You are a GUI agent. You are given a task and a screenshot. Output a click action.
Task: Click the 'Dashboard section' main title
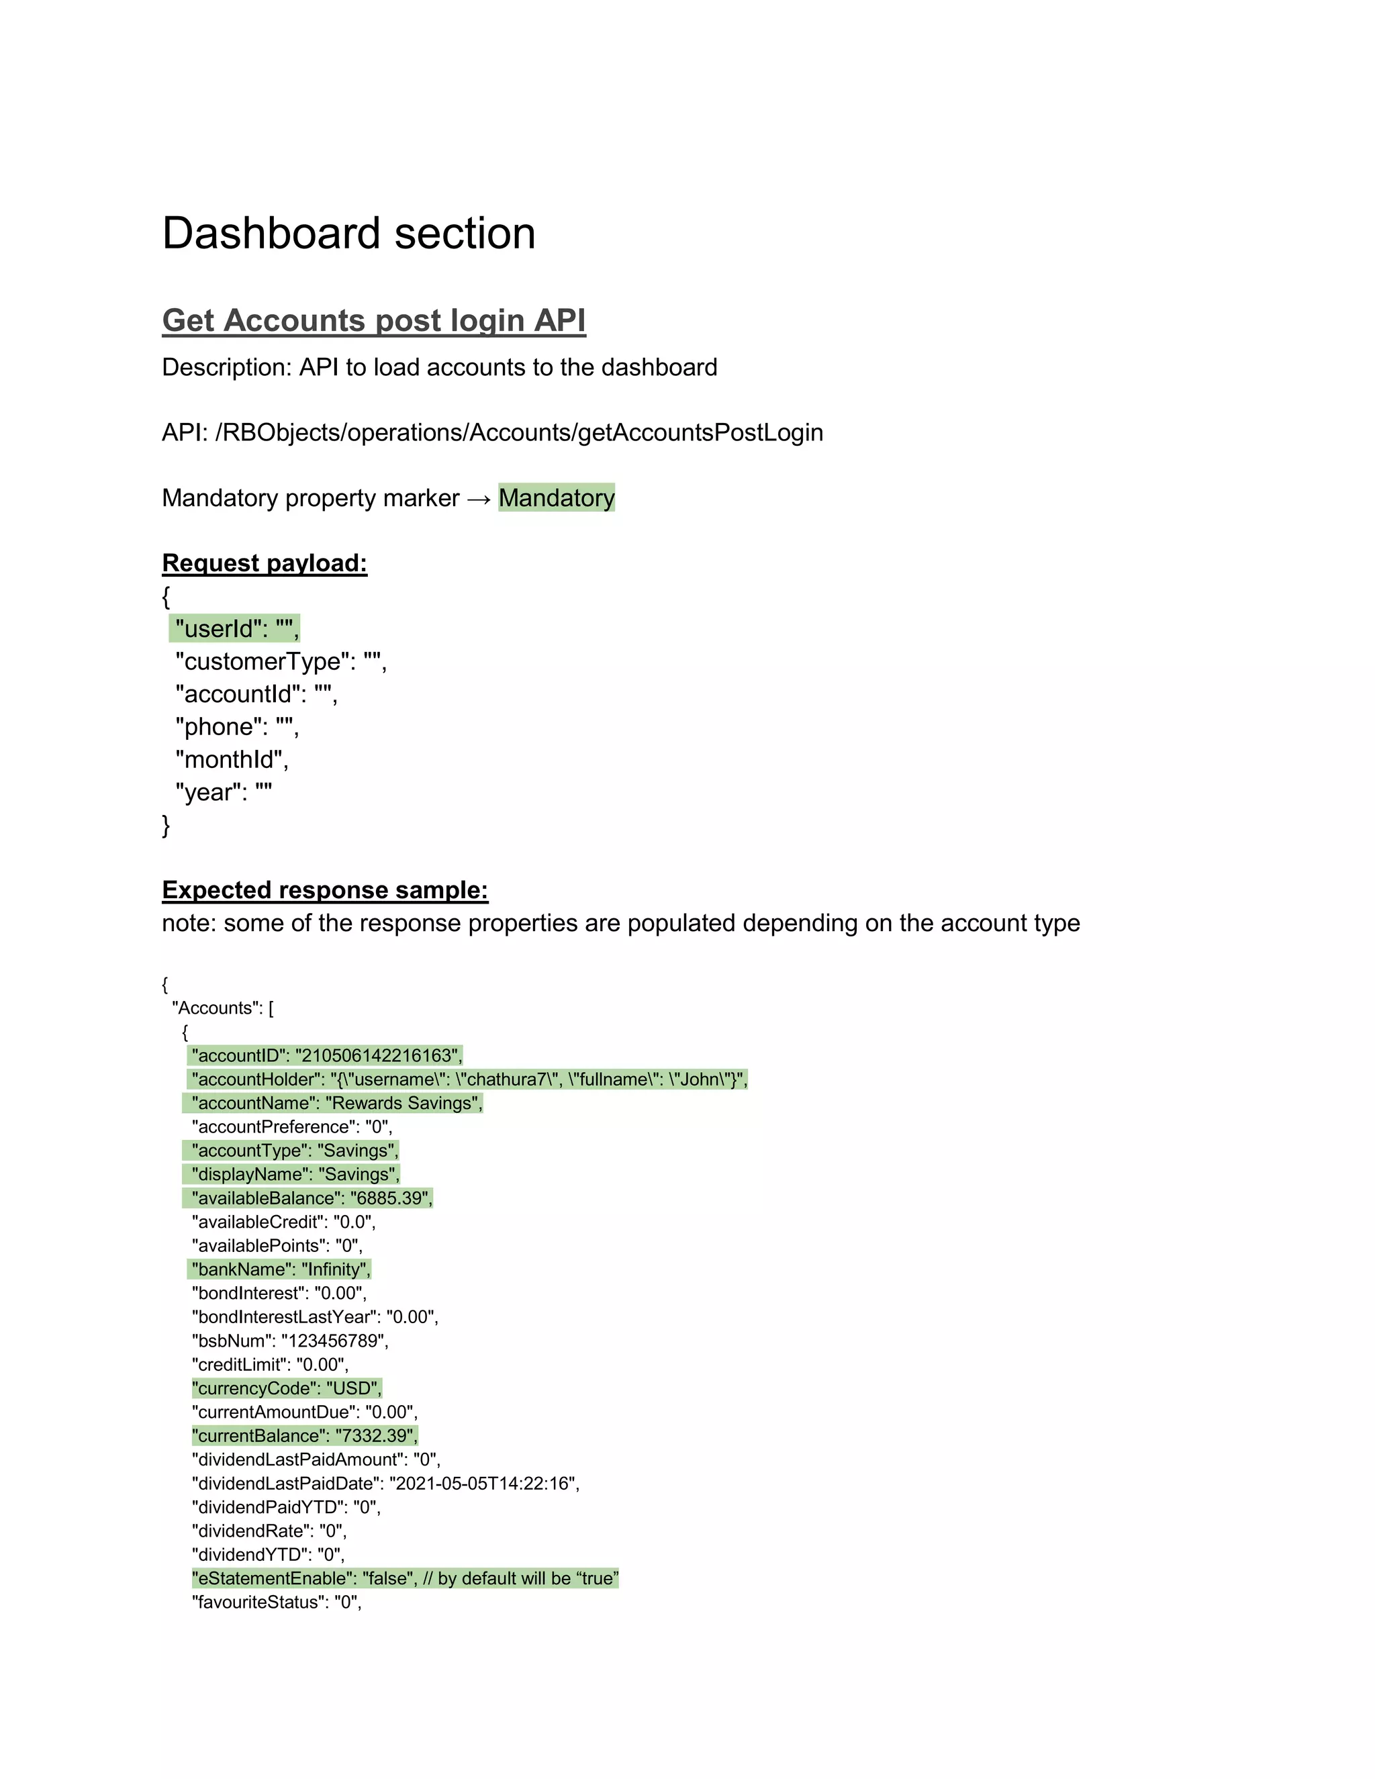coord(348,234)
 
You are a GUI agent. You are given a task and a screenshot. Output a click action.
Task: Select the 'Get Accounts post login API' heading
coord(374,320)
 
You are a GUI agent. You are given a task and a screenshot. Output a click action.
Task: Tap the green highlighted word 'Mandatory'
coord(557,497)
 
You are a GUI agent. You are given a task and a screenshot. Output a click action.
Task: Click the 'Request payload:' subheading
coord(265,563)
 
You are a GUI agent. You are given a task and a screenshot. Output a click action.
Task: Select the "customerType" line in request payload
coord(281,661)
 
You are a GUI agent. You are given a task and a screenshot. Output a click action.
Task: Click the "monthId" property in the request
coord(232,759)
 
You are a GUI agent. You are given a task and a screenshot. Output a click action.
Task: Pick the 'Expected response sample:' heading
coord(325,889)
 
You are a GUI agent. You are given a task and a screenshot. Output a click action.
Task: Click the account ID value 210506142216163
coord(377,1056)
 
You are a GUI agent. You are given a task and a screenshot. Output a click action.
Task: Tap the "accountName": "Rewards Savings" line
coord(336,1103)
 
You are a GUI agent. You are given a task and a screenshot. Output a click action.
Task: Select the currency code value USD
coord(354,1388)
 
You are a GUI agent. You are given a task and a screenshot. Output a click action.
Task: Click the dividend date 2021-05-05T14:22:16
coord(482,1484)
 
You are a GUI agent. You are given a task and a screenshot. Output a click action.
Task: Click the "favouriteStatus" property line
coord(276,1602)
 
